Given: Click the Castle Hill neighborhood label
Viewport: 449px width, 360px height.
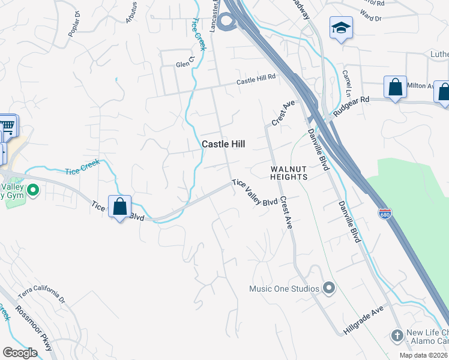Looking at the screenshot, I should pos(224,144).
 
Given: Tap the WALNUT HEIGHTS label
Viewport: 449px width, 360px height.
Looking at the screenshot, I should pos(288,173).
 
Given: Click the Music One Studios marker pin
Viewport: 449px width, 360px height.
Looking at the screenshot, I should pos(328,289).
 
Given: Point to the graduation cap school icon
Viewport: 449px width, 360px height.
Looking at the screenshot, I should pos(341,28).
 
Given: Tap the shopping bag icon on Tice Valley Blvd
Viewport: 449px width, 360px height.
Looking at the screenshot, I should pos(120,207).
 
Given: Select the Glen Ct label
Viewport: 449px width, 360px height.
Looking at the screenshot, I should pos(186,63).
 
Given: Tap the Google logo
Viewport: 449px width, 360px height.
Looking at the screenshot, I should pos(20,353).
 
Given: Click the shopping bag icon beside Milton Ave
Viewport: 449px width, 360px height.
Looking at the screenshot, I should pos(396,87).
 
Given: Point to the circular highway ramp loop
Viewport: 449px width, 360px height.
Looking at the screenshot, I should pos(227,23).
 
